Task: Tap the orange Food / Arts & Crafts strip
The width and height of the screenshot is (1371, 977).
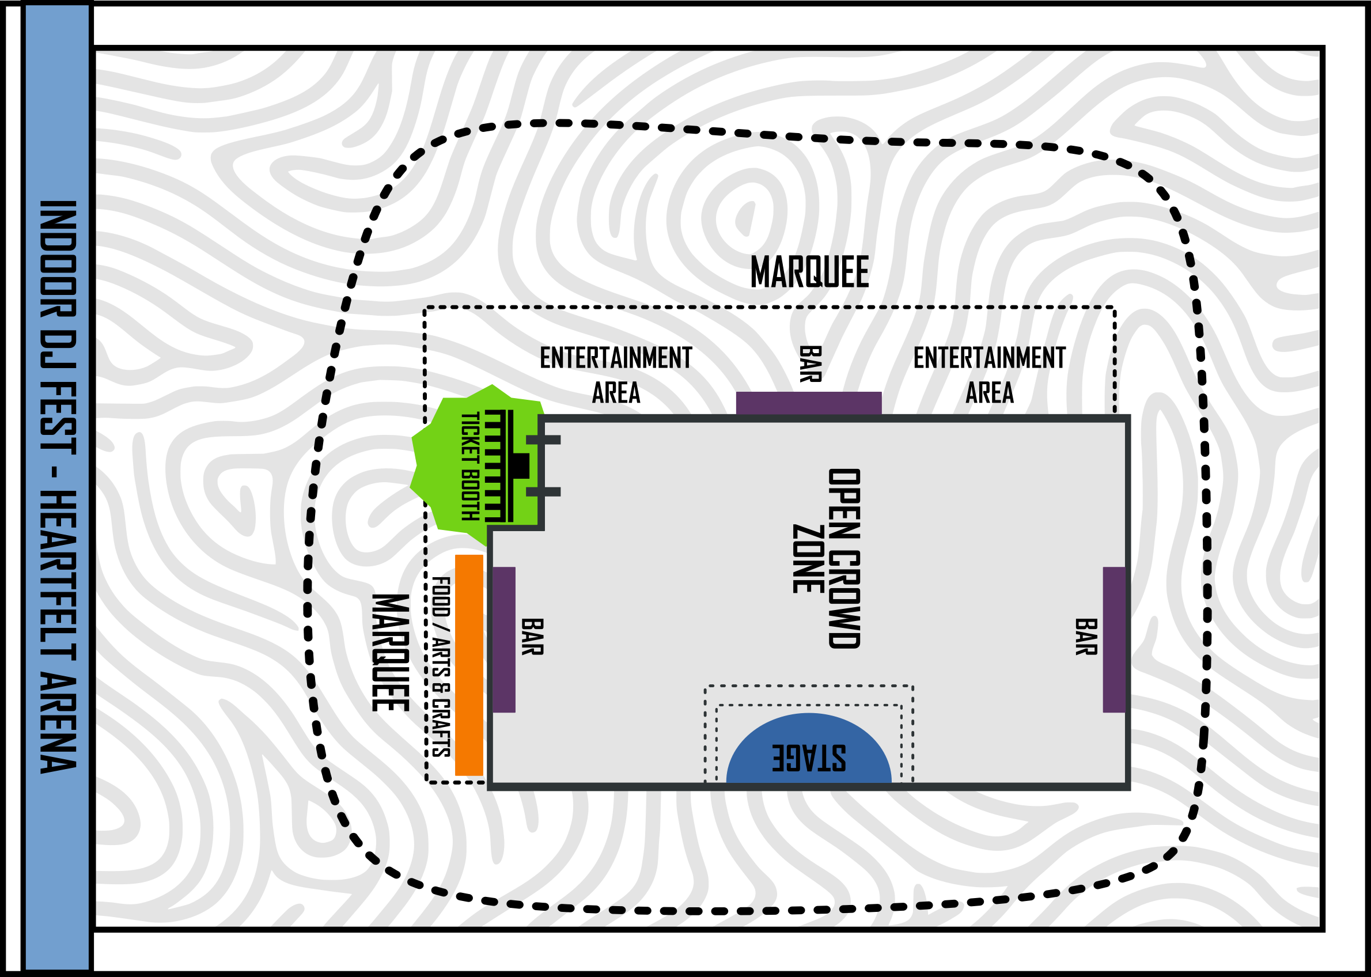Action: coord(469,665)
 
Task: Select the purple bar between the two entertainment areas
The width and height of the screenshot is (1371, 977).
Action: coord(809,403)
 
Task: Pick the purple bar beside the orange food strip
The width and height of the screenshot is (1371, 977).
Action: coord(504,639)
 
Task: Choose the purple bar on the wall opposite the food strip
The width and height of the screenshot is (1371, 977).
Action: coord(1114,639)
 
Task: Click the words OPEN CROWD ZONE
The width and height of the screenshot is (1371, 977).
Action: coord(827,558)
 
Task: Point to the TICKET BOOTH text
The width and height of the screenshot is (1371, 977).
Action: coord(470,465)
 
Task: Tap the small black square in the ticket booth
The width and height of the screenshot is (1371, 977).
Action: coord(521,465)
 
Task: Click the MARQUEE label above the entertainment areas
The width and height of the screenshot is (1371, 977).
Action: coord(809,272)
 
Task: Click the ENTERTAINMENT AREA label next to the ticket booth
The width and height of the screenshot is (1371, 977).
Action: coord(615,375)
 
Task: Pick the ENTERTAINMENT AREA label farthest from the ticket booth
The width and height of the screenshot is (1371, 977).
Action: coord(989,375)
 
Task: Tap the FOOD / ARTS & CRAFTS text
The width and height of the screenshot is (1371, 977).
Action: coord(441,667)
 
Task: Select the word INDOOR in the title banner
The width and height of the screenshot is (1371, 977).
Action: coord(58,259)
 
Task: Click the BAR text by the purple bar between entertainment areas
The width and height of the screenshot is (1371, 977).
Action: coord(810,364)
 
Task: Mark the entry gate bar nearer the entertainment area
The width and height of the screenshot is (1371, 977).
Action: coord(543,440)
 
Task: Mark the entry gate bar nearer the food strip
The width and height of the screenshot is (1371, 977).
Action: coord(543,491)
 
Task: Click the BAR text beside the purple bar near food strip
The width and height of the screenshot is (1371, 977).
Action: coord(532,637)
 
